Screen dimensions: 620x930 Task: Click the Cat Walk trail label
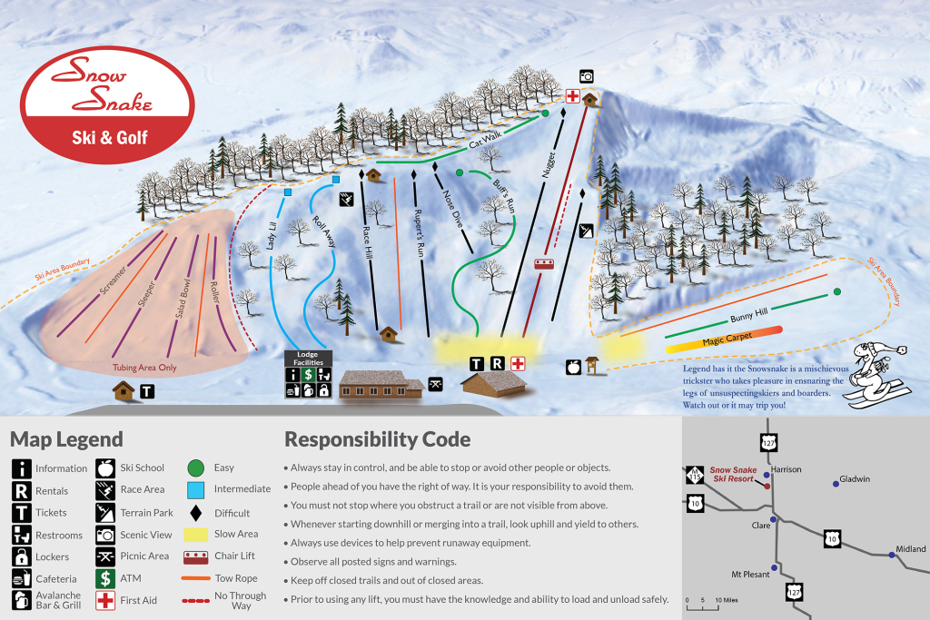(x=486, y=143)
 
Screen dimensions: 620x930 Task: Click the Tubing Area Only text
(x=144, y=369)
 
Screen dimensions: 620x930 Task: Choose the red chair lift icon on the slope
(x=545, y=264)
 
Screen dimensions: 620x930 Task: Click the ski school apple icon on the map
(x=573, y=367)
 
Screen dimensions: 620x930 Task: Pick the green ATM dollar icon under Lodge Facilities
(x=309, y=374)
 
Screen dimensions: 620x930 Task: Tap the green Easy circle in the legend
(x=196, y=467)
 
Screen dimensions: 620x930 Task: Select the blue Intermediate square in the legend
(x=196, y=488)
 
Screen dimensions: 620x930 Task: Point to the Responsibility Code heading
(x=377, y=440)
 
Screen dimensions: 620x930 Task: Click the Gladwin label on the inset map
(x=856, y=477)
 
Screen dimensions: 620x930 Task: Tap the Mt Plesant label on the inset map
(x=750, y=574)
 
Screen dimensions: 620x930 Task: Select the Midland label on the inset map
(x=910, y=549)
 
